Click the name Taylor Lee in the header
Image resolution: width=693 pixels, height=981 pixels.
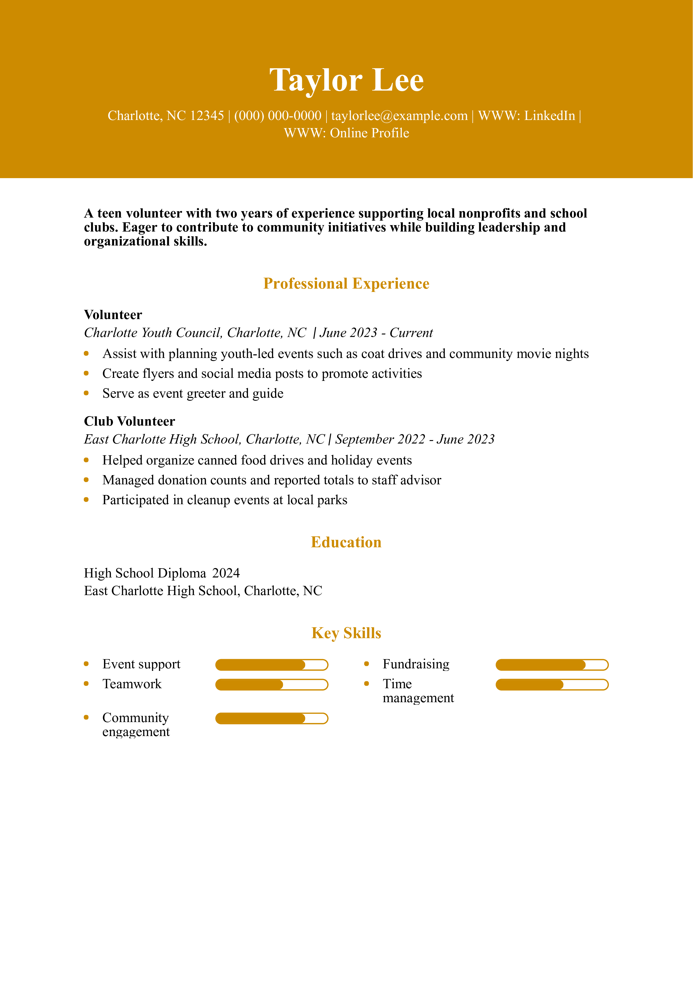[x=346, y=80]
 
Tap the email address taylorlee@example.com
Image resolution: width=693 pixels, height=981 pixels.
[x=399, y=116]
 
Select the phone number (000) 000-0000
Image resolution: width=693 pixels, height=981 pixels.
[x=278, y=116]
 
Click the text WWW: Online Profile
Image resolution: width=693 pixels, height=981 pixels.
[x=346, y=133]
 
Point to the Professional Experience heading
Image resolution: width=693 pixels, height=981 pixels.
[x=346, y=284]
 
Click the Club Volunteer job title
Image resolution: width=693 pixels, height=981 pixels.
[x=129, y=422]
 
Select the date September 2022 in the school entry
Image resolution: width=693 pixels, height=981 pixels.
[x=380, y=439]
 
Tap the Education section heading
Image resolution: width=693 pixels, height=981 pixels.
[x=346, y=542]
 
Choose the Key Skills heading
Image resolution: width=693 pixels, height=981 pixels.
[x=346, y=633]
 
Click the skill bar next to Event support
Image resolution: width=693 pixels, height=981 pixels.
[x=271, y=665]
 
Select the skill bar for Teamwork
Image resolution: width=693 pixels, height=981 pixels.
[x=271, y=685]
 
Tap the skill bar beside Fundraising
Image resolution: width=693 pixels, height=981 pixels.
[x=552, y=665]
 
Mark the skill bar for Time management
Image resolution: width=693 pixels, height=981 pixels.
[x=552, y=685]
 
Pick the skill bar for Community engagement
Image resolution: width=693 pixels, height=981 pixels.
[x=271, y=719]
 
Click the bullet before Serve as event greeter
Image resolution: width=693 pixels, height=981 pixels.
[x=86, y=393]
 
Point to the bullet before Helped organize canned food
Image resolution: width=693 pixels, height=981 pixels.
[x=86, y=460]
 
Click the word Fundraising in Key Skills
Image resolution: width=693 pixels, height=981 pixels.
[x=416, y=664]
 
